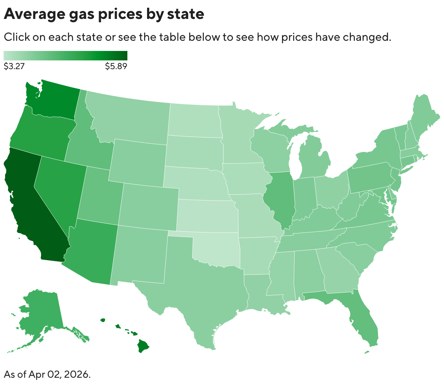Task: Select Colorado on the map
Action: [x=149, y=206]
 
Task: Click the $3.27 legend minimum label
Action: [x=14, y=66]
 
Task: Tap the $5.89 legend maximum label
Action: [x=116, y=66]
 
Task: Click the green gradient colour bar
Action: [x=66, y=55]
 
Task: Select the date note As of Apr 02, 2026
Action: [x=47, y=374]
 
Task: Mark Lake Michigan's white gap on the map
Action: [x=296, y=160]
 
